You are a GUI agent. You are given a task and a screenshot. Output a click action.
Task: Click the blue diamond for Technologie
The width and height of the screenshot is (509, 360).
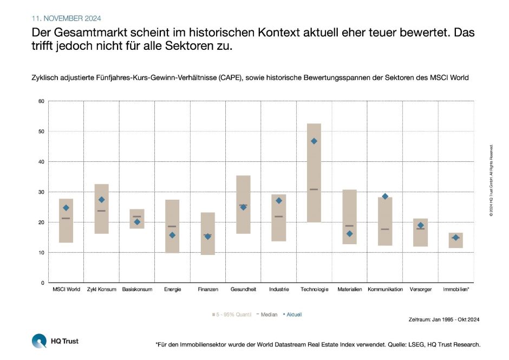pyautogui.click(x=314, y=141)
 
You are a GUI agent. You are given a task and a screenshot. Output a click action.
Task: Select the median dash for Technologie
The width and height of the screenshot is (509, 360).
pyautogui.click(x=314, y=189)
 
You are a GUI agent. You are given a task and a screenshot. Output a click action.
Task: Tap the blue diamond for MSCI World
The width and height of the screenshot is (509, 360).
pyautogui.click(x=66, y=208)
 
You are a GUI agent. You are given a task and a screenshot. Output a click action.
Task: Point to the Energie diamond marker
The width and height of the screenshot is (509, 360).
pyautogui.click(x=172, y=235)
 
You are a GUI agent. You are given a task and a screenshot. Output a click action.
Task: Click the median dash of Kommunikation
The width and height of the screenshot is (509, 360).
pyautogui.click(x=385, y=229)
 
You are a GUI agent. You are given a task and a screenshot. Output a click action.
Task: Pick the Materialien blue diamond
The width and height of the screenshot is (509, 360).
pyautogui.click(x=349, y=234)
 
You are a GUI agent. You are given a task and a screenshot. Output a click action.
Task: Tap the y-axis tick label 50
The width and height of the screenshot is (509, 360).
pyautogui.click(x=41, y=132)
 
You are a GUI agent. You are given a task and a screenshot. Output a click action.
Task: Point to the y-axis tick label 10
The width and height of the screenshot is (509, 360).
pyautogui.click(x=41, y=253)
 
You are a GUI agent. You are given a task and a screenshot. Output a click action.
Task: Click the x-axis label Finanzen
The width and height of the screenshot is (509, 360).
pyautogui.click(x=208, y=290)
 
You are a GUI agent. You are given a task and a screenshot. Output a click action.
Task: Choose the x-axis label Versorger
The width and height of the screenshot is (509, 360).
pyautogui.click(x=420, y=290)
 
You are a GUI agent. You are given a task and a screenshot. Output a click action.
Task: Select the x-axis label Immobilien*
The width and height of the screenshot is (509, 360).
pyautogui.click(x=456, y=290)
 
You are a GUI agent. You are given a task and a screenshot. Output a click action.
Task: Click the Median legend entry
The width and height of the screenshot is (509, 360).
pyautogui.click(x=267, y=313)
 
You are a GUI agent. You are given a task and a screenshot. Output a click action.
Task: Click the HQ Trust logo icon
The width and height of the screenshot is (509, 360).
pyautogui.click(x=39, y=341)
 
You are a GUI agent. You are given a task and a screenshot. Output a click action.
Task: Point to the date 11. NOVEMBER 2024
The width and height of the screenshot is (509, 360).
pyautogui.click(x=66, y=18)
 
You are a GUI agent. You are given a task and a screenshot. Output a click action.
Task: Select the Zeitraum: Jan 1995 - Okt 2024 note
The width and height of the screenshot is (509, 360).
pyautogui.click(x=444, y=319)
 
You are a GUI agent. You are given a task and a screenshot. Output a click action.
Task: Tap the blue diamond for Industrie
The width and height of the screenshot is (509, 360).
pyautogui.click(x=279, y=201)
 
